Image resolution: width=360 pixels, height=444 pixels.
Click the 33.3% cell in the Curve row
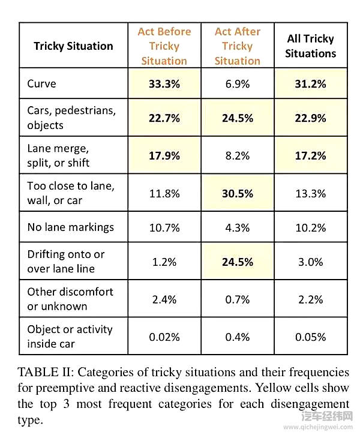pyautogui.click(x=164, y=84)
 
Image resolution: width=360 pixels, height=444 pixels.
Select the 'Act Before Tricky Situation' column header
pyautogui.click(x=164, y=46)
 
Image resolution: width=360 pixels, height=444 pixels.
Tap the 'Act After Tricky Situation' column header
pyautogui.click(x=237, y=46)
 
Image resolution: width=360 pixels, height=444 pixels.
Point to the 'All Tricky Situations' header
pyautogui.click(x=310, y=46)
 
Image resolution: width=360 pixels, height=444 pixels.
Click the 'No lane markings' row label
pyautogui.click(x=70, y=227)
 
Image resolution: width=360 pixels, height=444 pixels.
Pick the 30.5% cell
pyautogui.click(x=237, y=193)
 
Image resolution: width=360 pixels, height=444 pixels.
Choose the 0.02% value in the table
pyautogui.click(x=164, y=337)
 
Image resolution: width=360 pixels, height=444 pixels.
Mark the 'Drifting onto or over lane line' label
pyautogui.click(x=66, y=262)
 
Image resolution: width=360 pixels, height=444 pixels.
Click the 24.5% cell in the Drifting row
pyautogui.click(x=237, y=262)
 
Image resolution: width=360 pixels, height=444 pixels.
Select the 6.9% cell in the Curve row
pyautogui.click(x=237, y=84)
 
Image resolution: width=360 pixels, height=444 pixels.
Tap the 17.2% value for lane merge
pyautogui.click(x=310, y=156)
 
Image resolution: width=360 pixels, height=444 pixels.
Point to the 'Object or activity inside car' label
pyautogui.click(x=70, y=337)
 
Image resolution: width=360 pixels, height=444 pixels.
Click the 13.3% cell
pyautogui.click(x=310, y=193)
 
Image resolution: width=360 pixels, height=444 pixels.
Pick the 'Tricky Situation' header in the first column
pyautogui.click(x=73, y=46)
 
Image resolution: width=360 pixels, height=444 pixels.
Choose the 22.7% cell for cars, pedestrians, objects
pyautogui.click(x=164, y=118)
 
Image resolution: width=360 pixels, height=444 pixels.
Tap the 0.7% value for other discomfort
pyautogui.click(x=237, y=299)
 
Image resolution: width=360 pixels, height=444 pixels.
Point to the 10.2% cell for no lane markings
pyautogui.click(x=310, y=227)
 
